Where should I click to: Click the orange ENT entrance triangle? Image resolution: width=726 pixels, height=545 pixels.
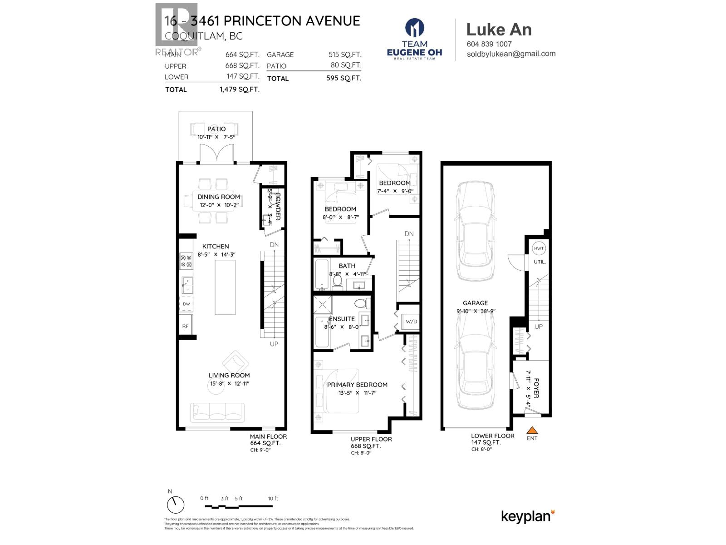pos(532,430)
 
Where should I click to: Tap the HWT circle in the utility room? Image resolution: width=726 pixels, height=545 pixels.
pos(539,248)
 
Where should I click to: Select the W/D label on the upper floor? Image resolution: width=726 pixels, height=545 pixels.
pos(411,322)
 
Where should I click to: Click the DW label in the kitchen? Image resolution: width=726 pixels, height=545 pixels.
pos(186,304)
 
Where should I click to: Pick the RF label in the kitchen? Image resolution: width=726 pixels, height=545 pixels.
pos(186,326)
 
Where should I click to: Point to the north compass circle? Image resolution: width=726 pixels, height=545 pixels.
pos(176,505)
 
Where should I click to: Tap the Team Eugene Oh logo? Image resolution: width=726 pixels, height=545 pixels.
pos(414,39)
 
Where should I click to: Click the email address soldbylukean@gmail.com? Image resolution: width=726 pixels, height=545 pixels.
pos(511,54)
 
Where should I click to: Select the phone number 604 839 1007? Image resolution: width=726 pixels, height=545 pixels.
pos(489,44)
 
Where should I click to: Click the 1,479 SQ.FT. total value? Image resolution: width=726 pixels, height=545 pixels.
pos(239,89)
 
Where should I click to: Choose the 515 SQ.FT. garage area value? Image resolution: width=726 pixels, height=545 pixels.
pos(345,54)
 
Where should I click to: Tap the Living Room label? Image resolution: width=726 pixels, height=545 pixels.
pos(229,375)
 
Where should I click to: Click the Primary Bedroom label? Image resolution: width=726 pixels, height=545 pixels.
pos(357,385)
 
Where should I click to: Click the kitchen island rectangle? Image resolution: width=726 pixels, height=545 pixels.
pos(225,287)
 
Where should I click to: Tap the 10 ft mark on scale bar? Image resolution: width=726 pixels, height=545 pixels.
pos(273,499)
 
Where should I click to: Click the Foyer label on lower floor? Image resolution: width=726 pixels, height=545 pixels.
pos(536,388)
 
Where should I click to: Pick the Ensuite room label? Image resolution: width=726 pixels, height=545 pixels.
pos(342,319)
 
